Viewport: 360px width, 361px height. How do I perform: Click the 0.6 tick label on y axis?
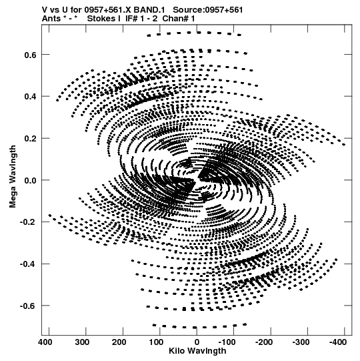coord(31,55)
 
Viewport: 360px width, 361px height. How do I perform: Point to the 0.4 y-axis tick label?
coord(31,97)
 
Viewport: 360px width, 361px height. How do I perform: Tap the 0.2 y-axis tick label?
coord(31,139)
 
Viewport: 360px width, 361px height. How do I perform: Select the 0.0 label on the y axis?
coord(31,180)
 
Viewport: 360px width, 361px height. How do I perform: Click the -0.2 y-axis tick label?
coord(29,222)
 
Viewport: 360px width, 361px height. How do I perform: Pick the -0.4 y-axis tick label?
coord(29,264)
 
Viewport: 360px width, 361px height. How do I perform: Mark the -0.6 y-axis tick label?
coord(29,306)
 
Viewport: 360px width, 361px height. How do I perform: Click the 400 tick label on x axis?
coord(45,342)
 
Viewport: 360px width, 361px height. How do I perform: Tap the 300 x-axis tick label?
coord(82,342)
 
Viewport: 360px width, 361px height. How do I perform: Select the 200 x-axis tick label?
coord(119,342)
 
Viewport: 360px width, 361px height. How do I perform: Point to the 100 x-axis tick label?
coord(156,342)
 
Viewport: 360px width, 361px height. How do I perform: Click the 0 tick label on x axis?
coord(197,342)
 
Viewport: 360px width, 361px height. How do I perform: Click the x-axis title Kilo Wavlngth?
coord(197,351)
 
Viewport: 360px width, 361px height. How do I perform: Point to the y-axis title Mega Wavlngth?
coord(13,177)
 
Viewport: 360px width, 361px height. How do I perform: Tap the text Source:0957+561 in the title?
coord(208,10)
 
